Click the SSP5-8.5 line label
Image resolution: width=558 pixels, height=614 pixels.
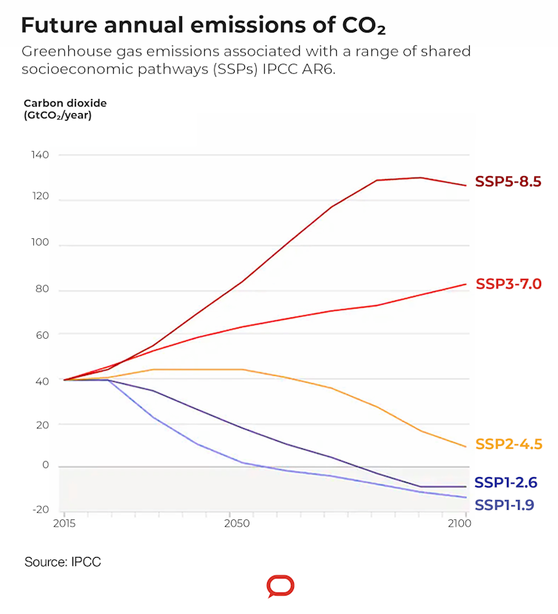508,181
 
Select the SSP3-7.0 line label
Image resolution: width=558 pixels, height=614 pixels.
508,283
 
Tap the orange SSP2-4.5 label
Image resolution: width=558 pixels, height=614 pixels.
508,444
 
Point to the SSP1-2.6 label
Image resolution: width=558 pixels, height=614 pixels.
505,482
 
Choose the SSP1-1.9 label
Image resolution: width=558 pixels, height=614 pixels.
504,505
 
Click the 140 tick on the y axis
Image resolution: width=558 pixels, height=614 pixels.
40,155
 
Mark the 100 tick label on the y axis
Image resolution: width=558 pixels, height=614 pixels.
40,242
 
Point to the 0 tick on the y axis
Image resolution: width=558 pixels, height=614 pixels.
45,465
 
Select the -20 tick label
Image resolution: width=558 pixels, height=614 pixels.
40,509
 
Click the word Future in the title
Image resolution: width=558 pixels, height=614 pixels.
61,25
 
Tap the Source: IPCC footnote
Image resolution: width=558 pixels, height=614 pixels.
62,562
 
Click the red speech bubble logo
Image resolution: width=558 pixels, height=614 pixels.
280,587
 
